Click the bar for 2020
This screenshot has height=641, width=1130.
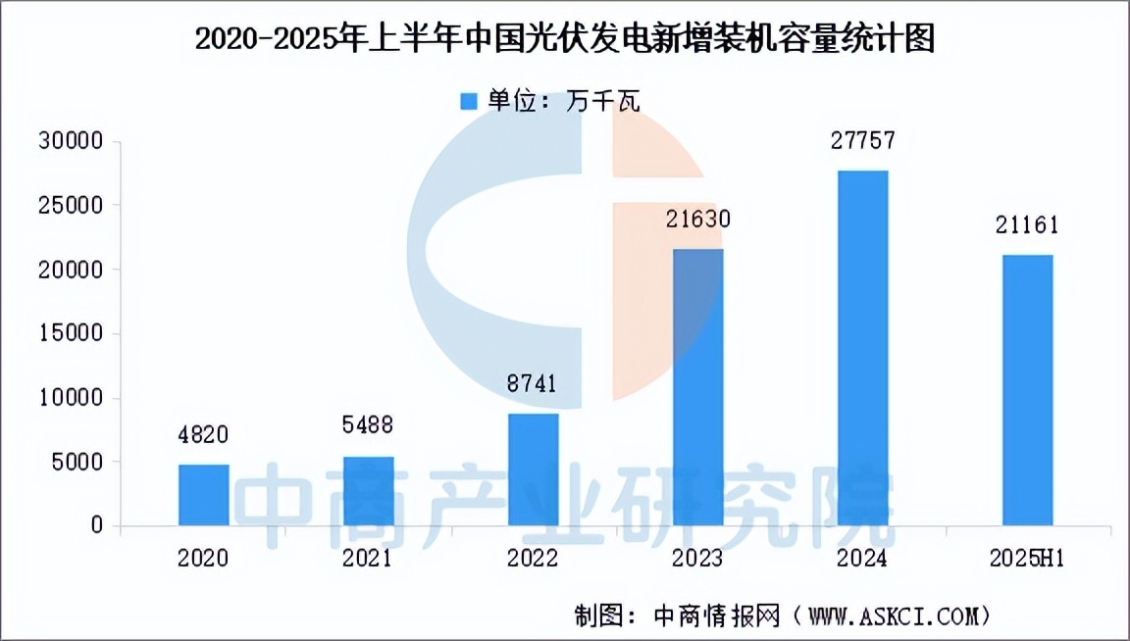pyautogui.click(x=204, y=495)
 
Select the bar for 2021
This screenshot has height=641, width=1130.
pyautogui.click(x=369, y=491)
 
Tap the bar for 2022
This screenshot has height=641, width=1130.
pyautogui.click(x=534, y=469)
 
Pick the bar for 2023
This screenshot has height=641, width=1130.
pyautogui.click(x=698, y=387)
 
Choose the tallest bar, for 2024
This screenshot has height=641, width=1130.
pyautogui.click(x=863, y=348)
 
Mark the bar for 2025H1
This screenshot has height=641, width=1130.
pyautogui.click(x=1028, y=390)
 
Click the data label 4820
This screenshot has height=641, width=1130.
pyautogui.click(x=204, y=433)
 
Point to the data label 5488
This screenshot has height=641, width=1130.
pyautogui.click(x=369, y=424)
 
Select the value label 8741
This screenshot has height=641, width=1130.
pyautogui.click(x=534, y=383)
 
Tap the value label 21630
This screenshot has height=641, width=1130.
pyautogui.click(x=698, y=218)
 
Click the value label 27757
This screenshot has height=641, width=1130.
pyautogui.click(x=863, y=140)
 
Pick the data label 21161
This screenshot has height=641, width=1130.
pyautogui.click(x=1028, y=224)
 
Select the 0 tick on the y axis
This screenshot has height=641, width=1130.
pyautogui.click(x=96, y=526)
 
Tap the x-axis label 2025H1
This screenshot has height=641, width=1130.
pyautogui.click(x=1028, y=559)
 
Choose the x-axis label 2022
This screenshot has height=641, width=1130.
pyautogui.click(x=534, y=559)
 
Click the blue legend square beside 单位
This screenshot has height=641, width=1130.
pyautogui.click(x=469, y=101)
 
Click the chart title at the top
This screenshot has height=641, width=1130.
pyautogui.click(x=565, y=40)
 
